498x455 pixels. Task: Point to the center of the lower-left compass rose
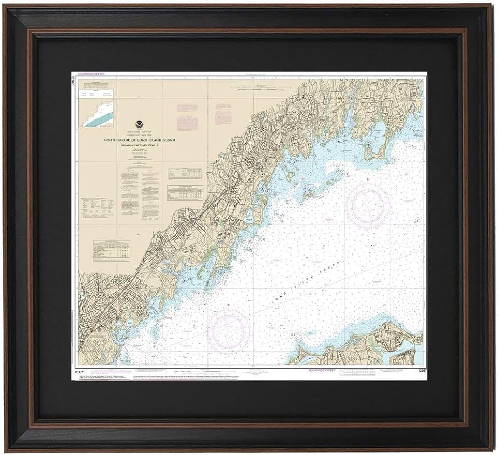point(229,329)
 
